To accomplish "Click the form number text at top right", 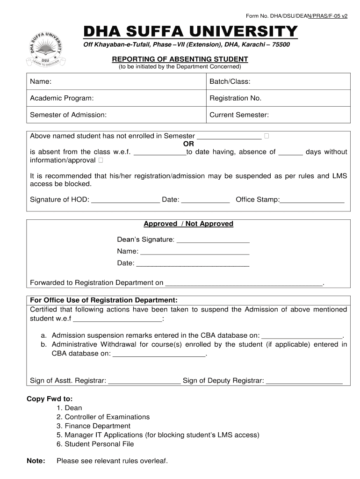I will pyautogui.click(x=296, y=15).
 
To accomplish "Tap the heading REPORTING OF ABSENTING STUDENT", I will pyautogui.click(x=180, y=59).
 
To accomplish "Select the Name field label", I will pyautogui.click(x=41, y=82).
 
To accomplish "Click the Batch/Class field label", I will pyautogui.click(x=230, y=82).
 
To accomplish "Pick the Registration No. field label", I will pyautogui.click(x=235, y=98).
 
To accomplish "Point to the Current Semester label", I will pyautogui.click(x=239, y=115).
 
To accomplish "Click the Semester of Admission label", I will pyautogui.click(x=68, y=115).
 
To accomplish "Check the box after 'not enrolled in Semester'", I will pyautogui.click(x=266, y=136).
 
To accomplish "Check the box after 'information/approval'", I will pyautogui.click(x=101, y=160).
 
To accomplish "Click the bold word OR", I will pyautogui.click(x=188, y=144).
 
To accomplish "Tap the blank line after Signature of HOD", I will pyautogui.click(x=125, y=201).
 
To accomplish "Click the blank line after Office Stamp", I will pyautogui.click(x=312, y=201).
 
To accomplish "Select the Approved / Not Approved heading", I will pyautogui.click(x=188, y=224).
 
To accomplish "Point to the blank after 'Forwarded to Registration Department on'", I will pyautogui.click(x=244, y=283).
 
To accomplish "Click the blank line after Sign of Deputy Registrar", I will pyautogui.click(x=304, y=382).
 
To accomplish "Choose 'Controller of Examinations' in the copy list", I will pyautogui.click(x=107, y=417).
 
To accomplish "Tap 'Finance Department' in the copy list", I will pyautogui.click(x=97, y=426).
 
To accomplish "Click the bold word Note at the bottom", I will pyautogui.click(x=36, y=461).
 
